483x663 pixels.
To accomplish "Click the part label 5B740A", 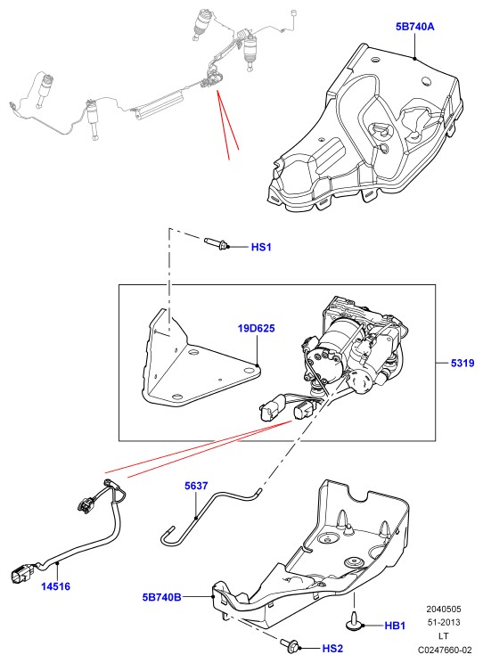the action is click(415, 27).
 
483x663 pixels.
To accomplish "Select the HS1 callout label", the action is click(261, 247).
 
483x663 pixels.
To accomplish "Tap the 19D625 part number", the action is click(257, 328).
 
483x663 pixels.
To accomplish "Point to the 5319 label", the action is click(463, 363).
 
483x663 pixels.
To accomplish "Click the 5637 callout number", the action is click(196, 486).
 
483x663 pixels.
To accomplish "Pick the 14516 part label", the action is click(56, 586).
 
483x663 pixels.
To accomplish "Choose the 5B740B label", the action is click(162, 597).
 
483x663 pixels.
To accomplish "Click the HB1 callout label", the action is click(395, 626).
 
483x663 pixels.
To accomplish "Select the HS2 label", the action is click(332, 648).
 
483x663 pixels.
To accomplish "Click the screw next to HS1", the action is click(217, 243).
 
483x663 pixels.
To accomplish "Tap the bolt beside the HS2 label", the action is click(291, 643).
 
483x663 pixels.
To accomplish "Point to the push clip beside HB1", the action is click(354, 622).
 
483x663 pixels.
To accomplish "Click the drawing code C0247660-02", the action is click(445, 650).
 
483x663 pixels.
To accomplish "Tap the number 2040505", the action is click(444, 610).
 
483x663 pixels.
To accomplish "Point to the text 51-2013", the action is click(444, 622).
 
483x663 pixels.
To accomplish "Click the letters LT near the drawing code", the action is click(444, 636).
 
